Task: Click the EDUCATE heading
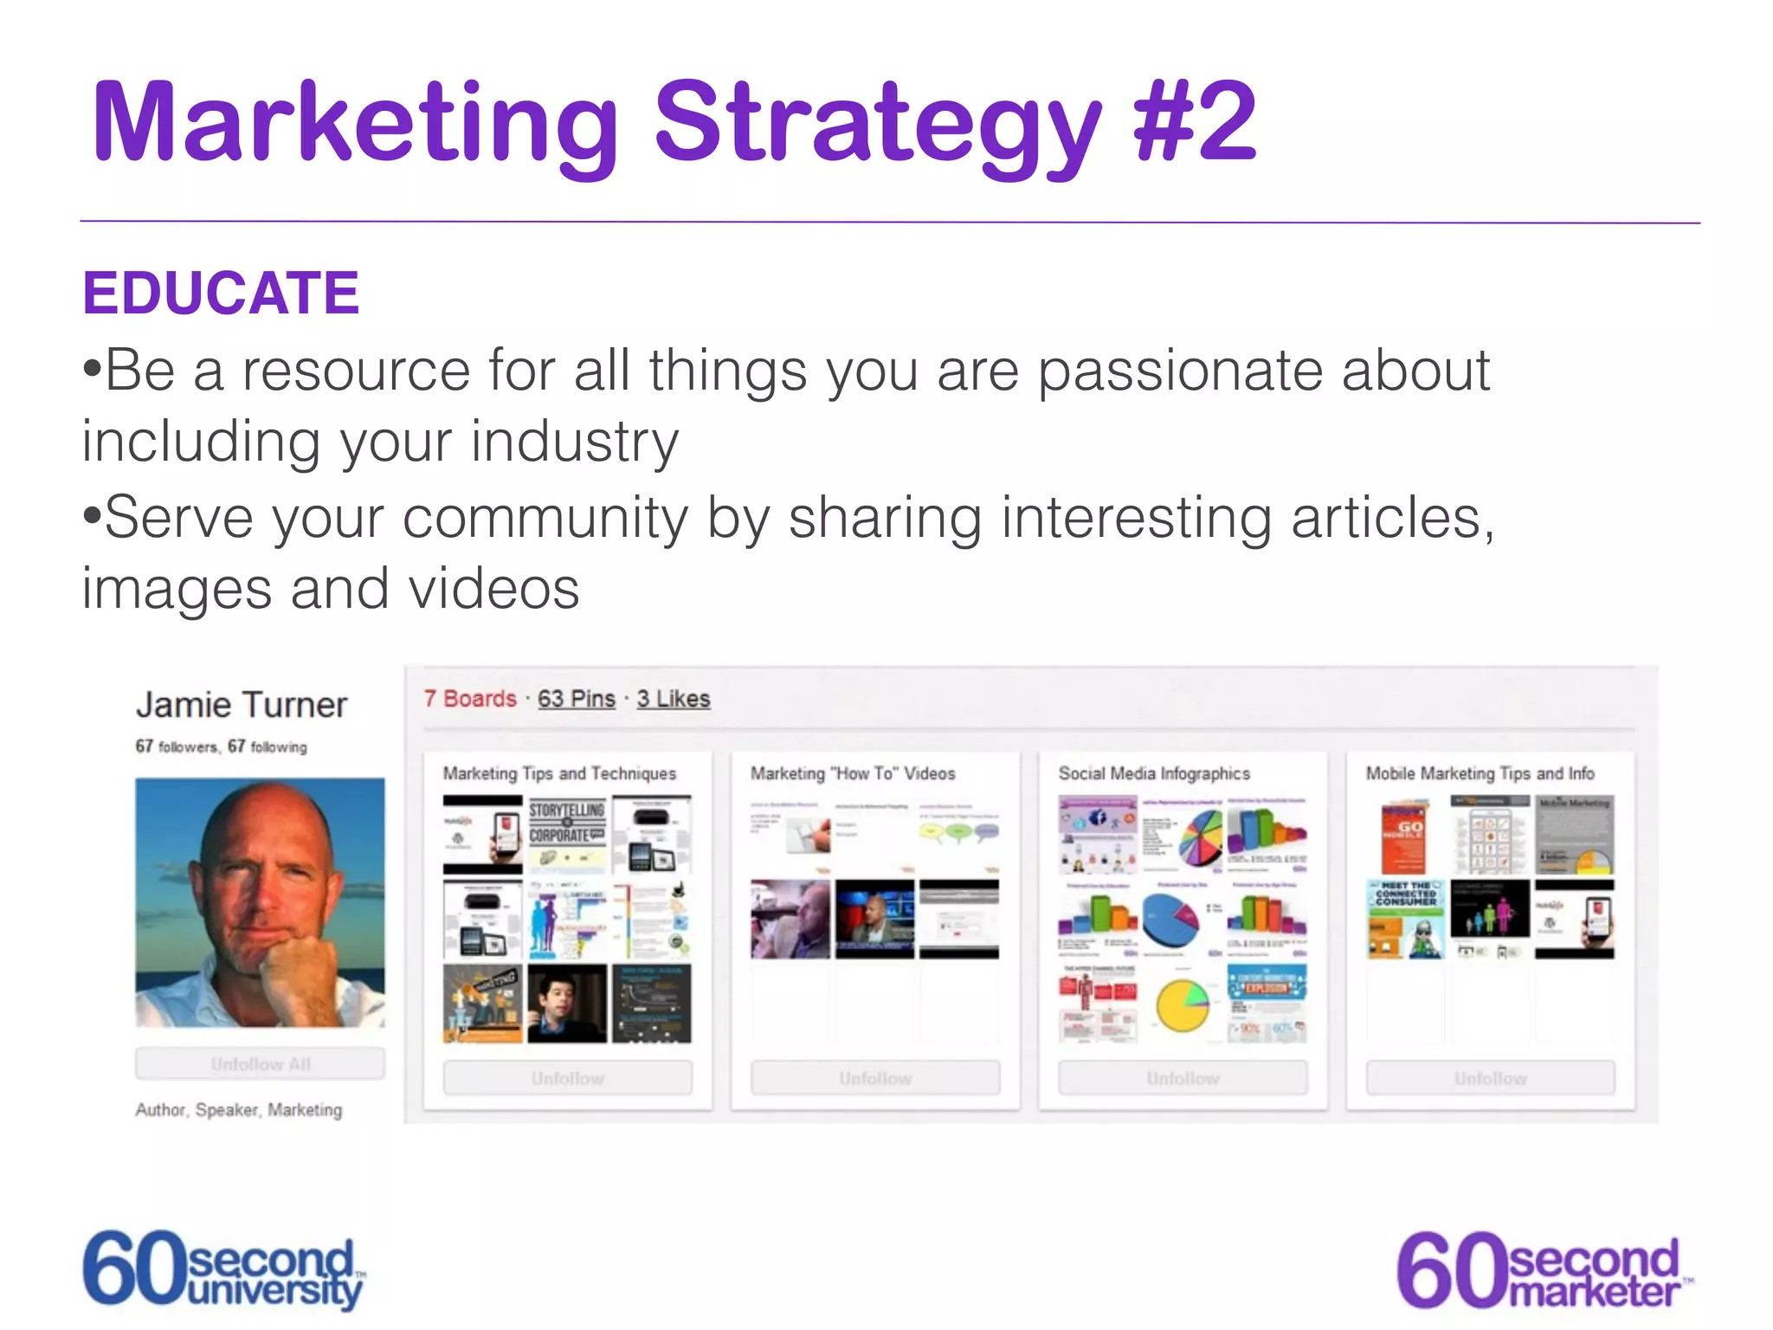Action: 221,293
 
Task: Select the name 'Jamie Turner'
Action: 242,705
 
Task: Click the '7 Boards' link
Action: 470,699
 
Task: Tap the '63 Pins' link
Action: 577,699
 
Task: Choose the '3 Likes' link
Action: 674,699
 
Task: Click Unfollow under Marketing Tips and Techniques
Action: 568,1078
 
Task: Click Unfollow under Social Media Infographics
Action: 1183,1078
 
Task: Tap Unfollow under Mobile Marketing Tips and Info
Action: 1490,1078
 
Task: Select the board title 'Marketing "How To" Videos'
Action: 853,773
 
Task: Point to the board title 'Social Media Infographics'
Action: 1154,773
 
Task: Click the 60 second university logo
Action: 223,1269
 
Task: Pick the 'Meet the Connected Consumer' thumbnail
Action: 1406,919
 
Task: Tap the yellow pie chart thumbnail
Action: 1182,1004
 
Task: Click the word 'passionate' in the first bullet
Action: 1180,371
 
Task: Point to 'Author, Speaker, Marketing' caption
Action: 239,1110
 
